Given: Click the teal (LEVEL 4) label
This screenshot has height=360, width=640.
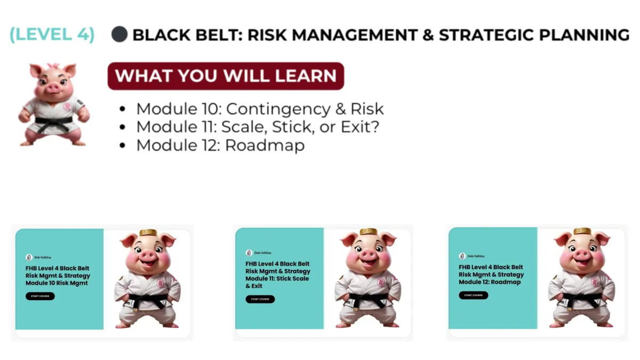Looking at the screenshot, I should (x=52, y=35).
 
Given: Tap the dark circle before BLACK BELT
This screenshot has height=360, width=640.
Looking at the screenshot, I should (x=119, y=35).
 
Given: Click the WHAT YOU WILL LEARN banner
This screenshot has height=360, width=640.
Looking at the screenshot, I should (x=226, y=76).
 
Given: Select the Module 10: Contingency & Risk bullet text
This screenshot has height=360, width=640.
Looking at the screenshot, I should (x=260, y=109).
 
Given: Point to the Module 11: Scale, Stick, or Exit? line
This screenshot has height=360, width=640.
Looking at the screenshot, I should (x=258, y=127).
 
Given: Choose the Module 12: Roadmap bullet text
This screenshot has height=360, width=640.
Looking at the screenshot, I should (x=220, y=145).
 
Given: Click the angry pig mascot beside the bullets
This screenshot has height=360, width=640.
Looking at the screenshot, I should (x=53, y=104).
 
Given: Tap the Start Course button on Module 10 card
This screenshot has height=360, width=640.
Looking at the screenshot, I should (x=40, y=296).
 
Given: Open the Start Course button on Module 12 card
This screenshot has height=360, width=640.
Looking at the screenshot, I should (x=473, y=295).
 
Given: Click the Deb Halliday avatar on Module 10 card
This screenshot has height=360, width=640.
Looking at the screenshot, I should (x=29, y=257).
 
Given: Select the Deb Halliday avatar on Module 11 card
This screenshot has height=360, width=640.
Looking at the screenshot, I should (x=249, y=253).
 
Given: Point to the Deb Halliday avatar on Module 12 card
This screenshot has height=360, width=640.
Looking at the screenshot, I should (x=462, y=256).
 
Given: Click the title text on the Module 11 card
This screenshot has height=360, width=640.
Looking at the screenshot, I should (x=277, y=275).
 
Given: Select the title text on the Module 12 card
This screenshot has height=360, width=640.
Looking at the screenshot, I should (x=491, y=275).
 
